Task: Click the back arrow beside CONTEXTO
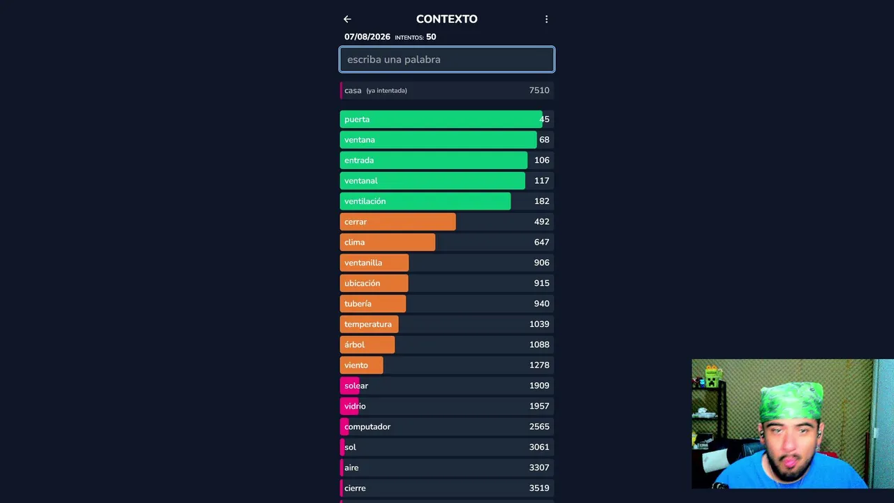pos(347,19)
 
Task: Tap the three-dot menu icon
pos(546,19)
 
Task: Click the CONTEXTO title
pos(446,19)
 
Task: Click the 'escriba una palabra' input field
pos(446,59)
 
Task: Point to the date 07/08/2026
pos(367,37)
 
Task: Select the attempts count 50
pos(431,37)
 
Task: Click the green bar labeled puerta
pos(441,119)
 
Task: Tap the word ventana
pos(360,140)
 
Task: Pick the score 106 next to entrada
pos(541,160)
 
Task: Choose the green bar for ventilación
pos(425,201)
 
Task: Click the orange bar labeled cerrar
pos(397,221)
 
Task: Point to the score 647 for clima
pos(541,242)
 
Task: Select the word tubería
pos(358,304)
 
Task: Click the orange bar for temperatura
pos(369,324)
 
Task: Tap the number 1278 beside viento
pos(539,365)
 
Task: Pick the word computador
pos(367,427)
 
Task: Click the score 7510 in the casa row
pos(539,91)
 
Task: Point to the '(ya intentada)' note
pos(387,91)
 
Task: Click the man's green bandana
pos(791,400)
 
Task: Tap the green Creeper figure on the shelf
pos(712,377)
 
